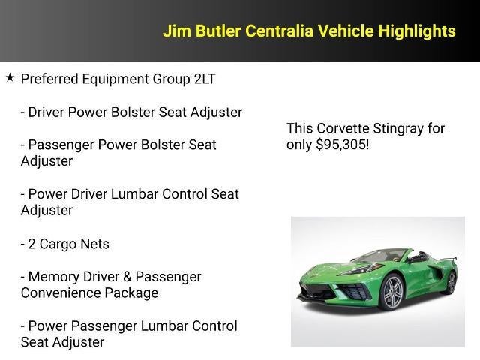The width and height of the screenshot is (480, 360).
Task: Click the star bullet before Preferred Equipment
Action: coord(10,77)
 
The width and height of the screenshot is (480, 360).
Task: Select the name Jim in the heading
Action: coord(176,31)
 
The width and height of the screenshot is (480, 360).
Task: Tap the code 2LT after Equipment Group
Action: coord(203,79)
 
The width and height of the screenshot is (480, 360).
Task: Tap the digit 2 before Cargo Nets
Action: coord(32,244)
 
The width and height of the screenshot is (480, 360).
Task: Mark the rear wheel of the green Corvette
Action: coord(451,283)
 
